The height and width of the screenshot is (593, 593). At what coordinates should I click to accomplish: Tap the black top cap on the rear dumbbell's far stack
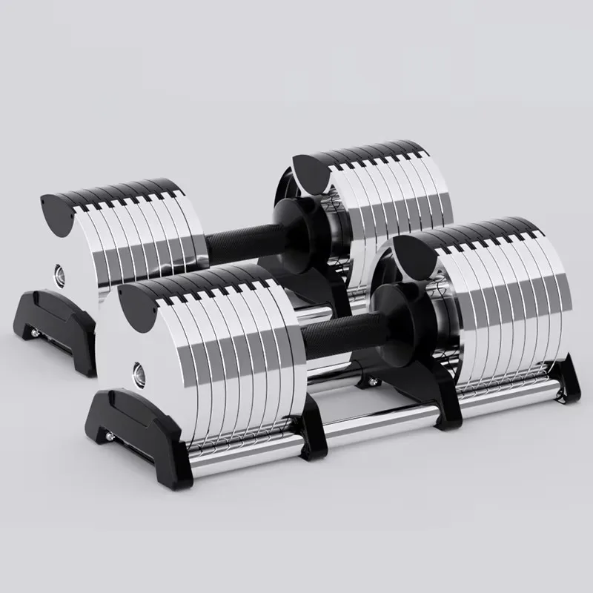pos(311,170)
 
